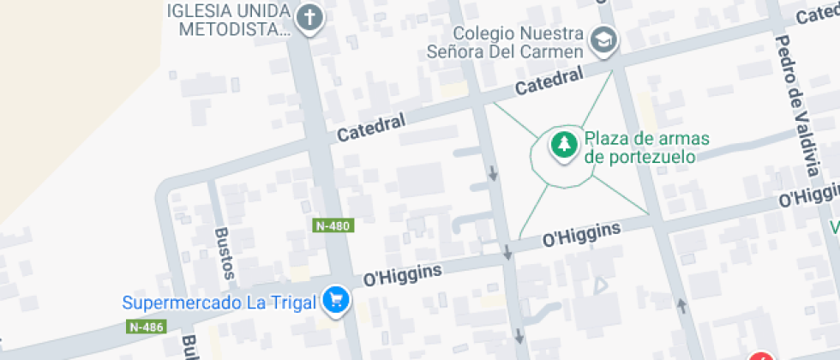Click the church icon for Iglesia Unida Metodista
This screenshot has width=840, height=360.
[309, 16]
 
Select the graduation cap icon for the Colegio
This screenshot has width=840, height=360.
[604, 39]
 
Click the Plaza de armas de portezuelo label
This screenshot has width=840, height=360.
[639, 147]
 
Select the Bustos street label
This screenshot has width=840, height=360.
[225, 254]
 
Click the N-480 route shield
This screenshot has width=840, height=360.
[333, 225]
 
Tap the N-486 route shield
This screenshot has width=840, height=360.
[146, 327]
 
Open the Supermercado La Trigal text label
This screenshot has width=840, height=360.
[219, 303]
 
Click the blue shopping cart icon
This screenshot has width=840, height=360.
[335, 300]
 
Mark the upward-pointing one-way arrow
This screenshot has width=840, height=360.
[682, 305]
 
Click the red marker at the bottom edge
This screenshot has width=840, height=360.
[761, 355]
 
